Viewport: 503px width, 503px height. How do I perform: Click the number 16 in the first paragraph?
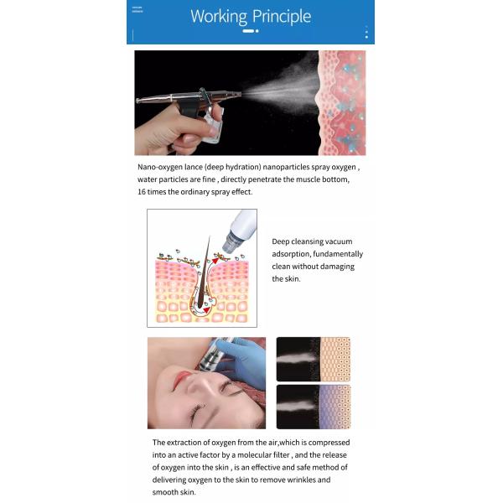143,192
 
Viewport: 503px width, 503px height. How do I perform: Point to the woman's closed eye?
198,411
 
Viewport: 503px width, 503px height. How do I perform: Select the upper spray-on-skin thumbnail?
313,360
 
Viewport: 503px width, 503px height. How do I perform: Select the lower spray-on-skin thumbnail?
313,407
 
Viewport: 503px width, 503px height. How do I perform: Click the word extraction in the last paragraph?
190,443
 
